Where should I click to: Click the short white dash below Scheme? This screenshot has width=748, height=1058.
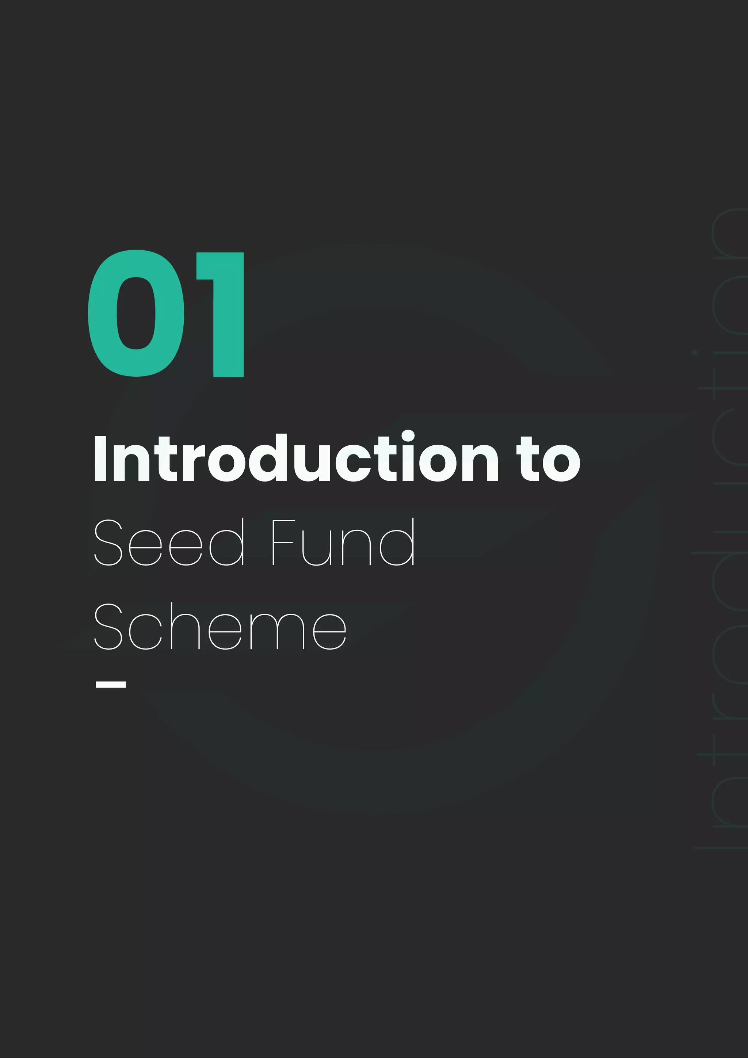pyautogui.click(x=111, y=684)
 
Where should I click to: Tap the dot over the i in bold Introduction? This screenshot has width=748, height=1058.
pyautogui.click(x=408, y=435)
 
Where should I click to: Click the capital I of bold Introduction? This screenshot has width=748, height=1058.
pyautogui.click(x=100, y=459)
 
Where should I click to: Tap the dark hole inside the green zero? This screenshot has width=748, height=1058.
pyautogui.click(x=136, y=313)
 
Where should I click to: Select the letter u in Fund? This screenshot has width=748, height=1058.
pyautogui.click(x=316, y=548)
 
